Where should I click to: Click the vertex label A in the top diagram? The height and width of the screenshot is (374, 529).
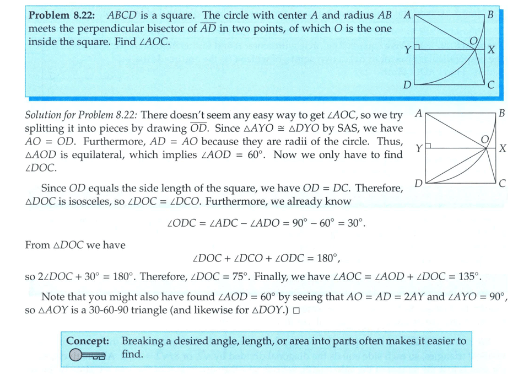[406, 15]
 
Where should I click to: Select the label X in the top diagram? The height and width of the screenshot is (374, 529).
[492, 50]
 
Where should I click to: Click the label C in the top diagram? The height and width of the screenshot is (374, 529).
[491, 85]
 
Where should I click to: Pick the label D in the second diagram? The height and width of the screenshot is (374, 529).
[418, 183]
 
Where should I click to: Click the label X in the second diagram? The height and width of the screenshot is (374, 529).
[503, 149]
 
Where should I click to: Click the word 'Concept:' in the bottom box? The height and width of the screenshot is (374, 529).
[88, 341]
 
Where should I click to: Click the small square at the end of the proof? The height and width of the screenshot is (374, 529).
[296, 311]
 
